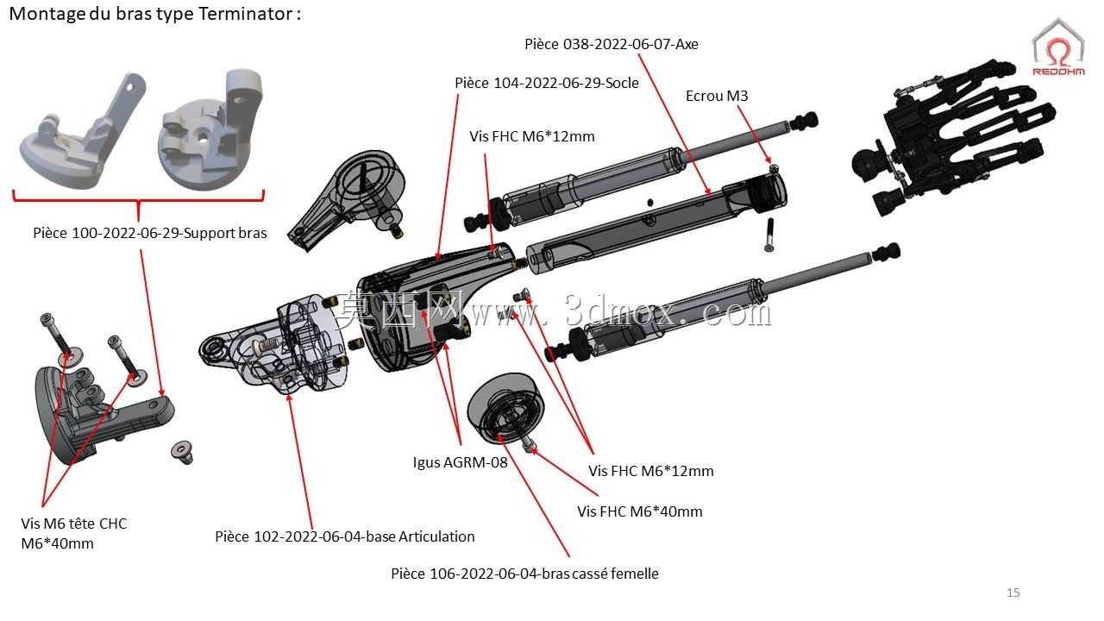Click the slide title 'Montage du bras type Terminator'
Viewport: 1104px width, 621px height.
(154, 15)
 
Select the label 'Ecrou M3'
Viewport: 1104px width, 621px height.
(717, 96)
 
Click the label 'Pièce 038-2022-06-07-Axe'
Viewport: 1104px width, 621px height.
(612, 44)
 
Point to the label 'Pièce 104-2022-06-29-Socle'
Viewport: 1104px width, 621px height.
(547, 83)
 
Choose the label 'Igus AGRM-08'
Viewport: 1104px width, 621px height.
(460, 462)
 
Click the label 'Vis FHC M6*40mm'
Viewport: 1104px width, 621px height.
(640, 511)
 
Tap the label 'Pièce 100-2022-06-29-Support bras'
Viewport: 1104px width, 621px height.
(150, 233)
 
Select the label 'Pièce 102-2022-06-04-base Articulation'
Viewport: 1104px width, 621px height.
(344, 536)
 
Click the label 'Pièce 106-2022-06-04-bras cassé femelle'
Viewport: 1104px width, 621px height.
(524, 574)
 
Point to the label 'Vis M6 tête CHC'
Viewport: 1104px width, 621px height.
(74, 524)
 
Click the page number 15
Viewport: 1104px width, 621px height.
(1013, 593)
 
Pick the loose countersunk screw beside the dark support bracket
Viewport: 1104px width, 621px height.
(183, 451)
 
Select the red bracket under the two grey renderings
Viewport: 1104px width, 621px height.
(139, 199)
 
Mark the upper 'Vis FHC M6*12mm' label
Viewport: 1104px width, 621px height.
(532, 136)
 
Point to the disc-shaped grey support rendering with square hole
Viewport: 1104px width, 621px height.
(210, 130)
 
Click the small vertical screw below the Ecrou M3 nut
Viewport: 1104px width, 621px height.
(769, 235)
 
